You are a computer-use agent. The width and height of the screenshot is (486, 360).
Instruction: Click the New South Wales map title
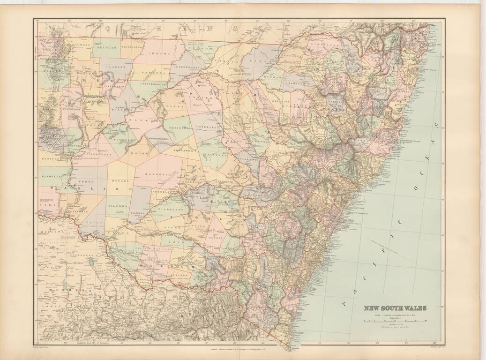pos(396,308)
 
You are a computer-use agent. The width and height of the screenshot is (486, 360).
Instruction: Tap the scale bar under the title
pos(396,321)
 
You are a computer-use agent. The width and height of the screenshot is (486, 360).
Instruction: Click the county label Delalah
pos(106,47)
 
